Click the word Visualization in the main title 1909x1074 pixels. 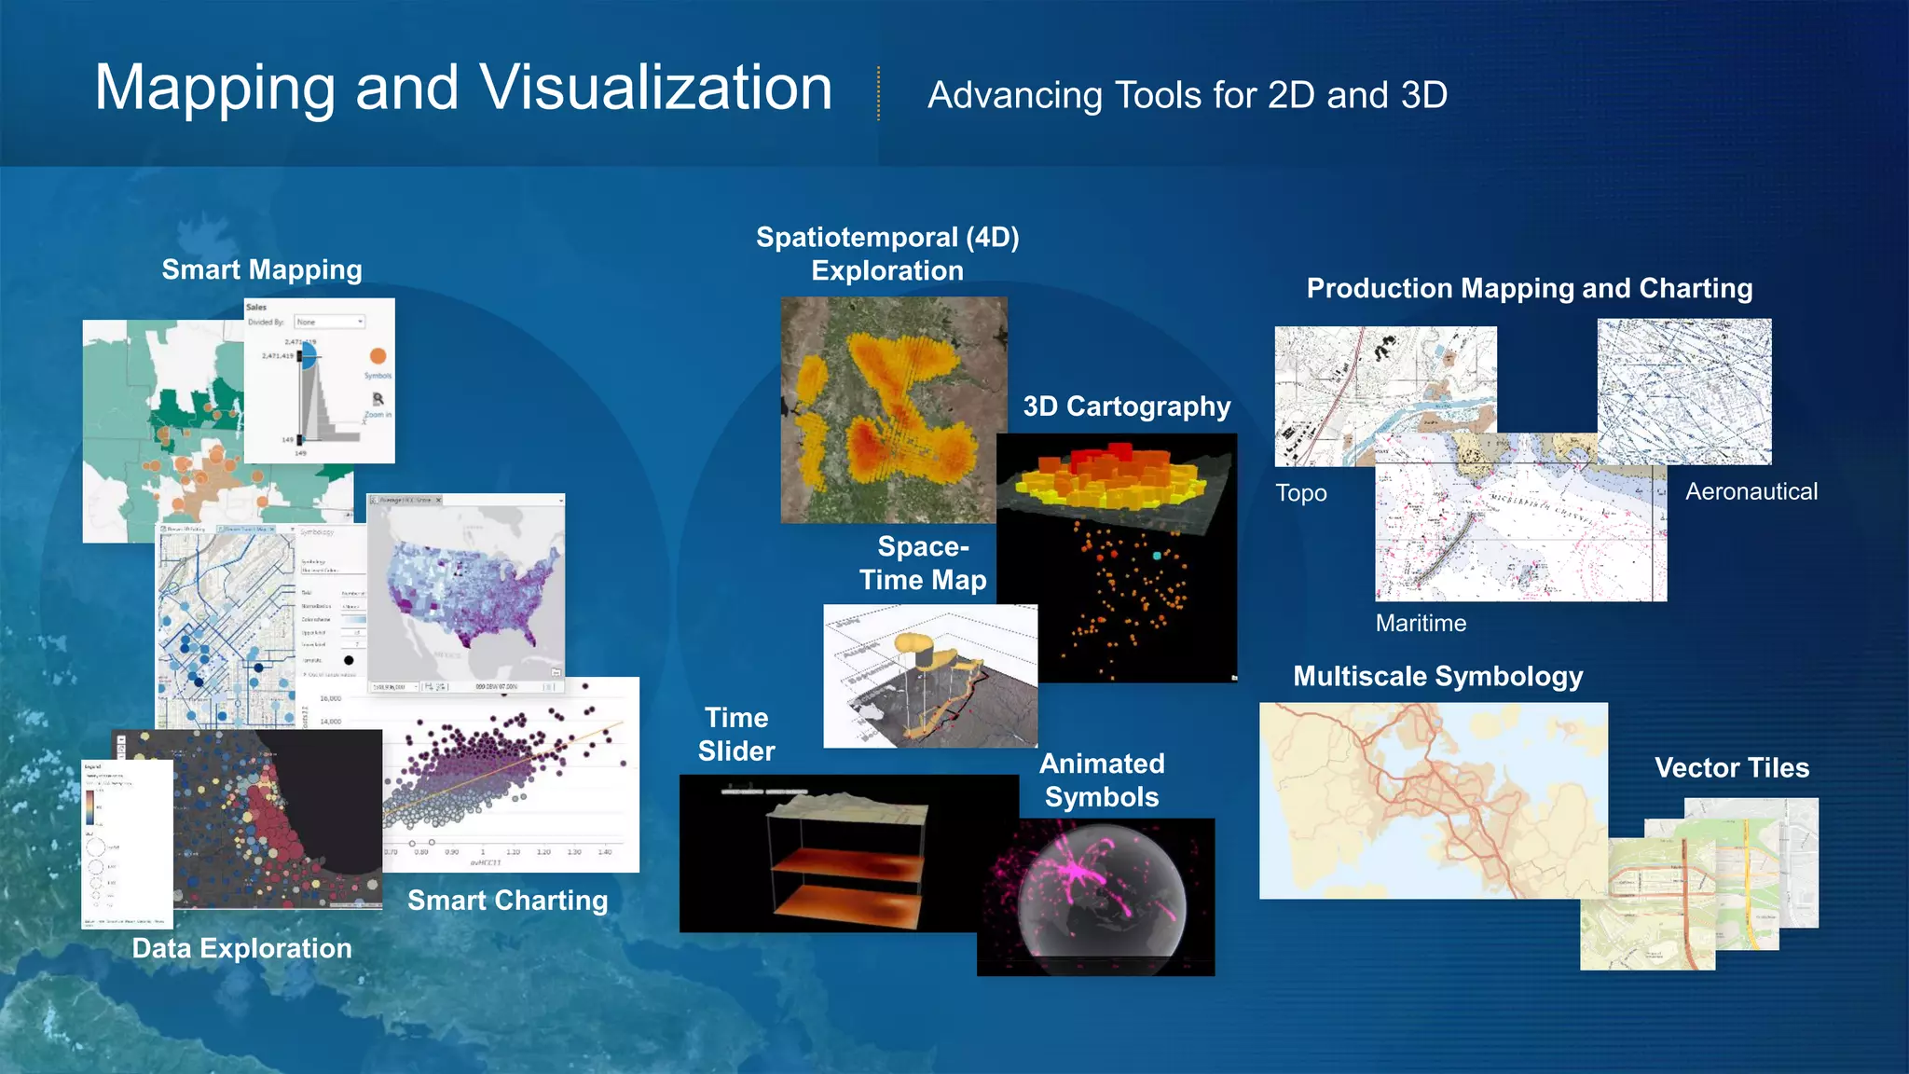click(655, 89)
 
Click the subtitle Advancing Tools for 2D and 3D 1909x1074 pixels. click(1187, 95)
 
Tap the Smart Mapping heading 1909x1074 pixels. click(262, 269)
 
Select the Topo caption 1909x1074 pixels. click(1300, 493)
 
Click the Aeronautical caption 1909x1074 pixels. click(1751, 491)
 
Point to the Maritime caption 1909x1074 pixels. click(1421, 623)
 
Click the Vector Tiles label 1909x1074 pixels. click(1731, 767)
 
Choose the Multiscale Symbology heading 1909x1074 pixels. click(1437, 676)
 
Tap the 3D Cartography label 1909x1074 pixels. click(1126, 406)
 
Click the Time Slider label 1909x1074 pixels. click(736, 735)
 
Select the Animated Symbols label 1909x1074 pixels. click(1102, 780)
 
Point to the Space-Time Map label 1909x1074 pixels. click(923, 563)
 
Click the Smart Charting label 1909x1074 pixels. click(507, 900)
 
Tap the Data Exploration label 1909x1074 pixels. click(241, 948)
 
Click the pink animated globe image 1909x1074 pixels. click(1096, 898)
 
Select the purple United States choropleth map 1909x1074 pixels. click(466, 592)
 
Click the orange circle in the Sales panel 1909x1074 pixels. click(378, 356)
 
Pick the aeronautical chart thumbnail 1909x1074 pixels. click(1684, 392)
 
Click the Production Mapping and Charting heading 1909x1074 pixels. click(1529, 288)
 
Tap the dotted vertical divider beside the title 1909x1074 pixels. click(878, 93)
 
